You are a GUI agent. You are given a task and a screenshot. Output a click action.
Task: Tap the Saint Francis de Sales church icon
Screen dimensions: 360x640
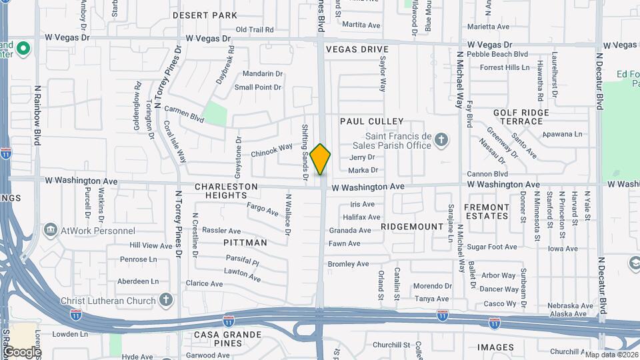pos(440,140)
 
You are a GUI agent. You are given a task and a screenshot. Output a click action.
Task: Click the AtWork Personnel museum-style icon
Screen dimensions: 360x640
pos(50,231)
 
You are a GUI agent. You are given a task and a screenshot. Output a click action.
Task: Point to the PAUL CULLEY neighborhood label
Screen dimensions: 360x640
pos(372,121)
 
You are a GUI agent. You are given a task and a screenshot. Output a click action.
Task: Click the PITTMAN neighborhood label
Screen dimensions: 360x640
pos(245,243)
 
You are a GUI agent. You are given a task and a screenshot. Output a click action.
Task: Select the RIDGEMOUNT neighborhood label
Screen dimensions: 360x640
pos(412,227)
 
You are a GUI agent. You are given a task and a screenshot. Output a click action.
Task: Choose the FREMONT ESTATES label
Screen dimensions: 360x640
pos(486,211)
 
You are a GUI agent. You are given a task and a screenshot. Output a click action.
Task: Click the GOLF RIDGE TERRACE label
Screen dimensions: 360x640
pos(521,117)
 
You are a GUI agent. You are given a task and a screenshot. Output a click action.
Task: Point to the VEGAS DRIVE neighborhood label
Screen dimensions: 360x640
pos(357,50)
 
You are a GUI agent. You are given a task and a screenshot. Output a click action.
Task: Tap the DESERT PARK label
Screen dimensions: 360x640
pos(205,15)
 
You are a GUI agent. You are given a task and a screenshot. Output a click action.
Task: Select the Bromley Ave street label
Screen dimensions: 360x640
pos(348,264)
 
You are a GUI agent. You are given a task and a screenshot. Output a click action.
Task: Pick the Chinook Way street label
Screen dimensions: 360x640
pos(271,151)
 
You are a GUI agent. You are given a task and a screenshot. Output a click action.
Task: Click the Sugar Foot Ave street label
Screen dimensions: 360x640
pos(492,247)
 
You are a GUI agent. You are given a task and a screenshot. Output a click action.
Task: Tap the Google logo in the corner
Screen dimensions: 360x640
pos(21,351)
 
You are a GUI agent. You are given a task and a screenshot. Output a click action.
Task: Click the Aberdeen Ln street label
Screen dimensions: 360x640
pos(138,281)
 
